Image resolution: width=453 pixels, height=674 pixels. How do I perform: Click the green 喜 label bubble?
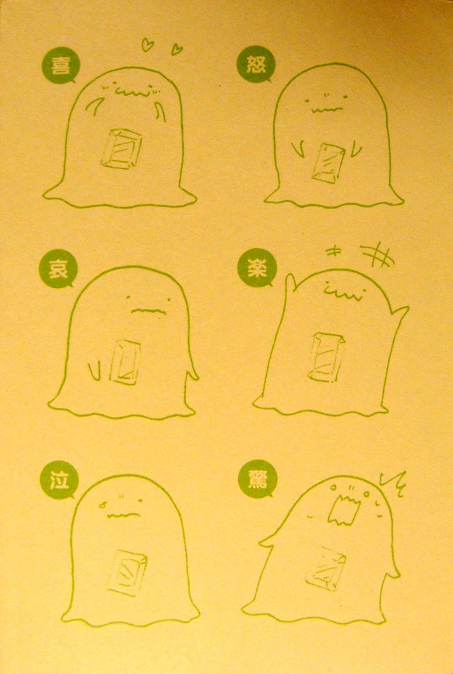(61, 65)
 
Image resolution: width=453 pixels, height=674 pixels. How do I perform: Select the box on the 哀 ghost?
(125, 361)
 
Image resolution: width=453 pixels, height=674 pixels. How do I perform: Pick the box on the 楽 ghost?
(326, 357)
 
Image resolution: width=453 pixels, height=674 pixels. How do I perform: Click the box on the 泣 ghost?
(127, 572)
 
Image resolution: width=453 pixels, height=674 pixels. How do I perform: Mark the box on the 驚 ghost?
(326, 568)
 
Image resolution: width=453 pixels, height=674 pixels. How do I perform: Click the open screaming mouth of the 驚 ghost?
(344, 509)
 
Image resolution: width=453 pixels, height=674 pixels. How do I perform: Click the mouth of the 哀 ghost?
(148, 310)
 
